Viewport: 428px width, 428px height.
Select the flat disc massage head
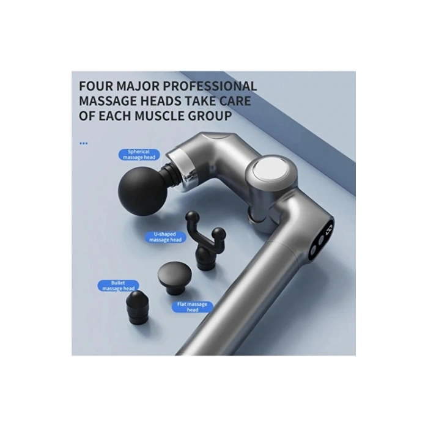pos(175,278)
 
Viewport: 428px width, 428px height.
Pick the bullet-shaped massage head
pos(138,307)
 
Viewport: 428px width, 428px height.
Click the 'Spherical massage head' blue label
pos(139,155)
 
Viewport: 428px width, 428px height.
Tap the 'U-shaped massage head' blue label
pos(165,237)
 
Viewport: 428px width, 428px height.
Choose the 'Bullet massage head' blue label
pos(118,286)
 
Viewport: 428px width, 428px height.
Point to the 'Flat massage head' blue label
pos(192,307)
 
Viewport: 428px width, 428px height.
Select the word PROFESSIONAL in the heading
pos(210,86)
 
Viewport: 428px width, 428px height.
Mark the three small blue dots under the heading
pos(84,143)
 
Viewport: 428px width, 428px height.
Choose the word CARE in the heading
pos(235,101)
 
